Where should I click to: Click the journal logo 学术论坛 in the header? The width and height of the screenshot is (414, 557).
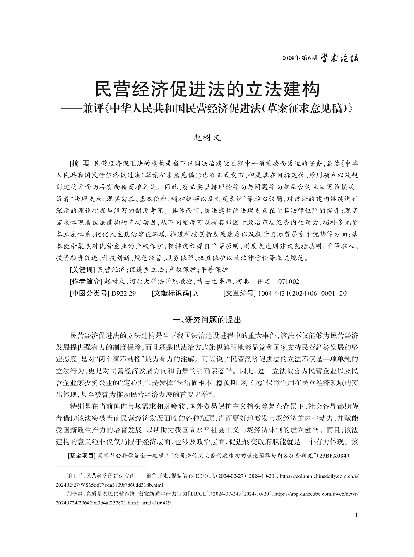pos(340,58)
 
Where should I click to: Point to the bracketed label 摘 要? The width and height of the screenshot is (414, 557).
pos(80,162)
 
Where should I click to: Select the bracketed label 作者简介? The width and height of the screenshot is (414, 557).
pos(86,282)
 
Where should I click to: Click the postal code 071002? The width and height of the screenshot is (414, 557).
pos(289,282)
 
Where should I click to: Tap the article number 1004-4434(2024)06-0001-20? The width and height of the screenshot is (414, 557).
pos(302,294)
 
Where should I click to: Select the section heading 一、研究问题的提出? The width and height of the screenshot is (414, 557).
pos(207,320)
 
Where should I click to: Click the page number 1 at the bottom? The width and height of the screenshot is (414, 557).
pos(356,515)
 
